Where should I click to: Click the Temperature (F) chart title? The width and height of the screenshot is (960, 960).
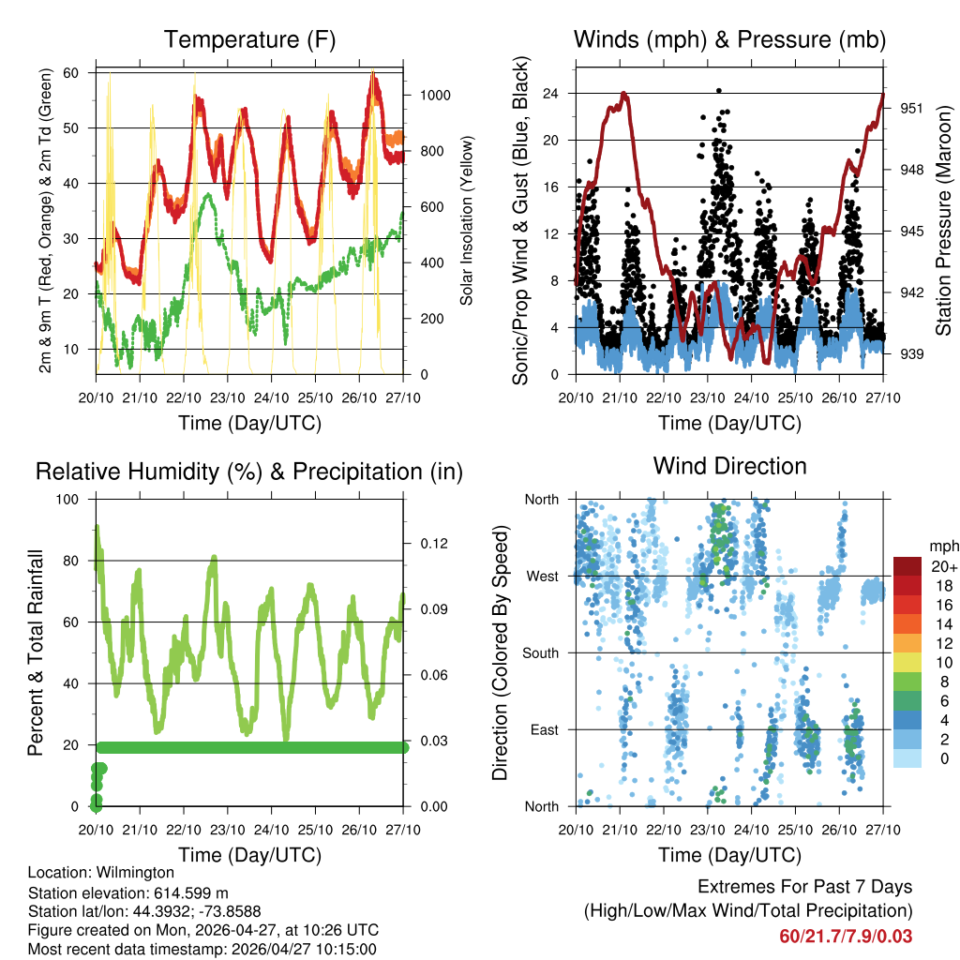[249, 39]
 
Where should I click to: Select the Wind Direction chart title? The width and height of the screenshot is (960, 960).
[729, 465]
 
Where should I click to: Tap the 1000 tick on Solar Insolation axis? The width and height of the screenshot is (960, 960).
[436, 95]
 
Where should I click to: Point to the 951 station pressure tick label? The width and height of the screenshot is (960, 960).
[912, 108]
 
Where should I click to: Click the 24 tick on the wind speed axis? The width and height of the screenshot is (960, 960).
[550, 94]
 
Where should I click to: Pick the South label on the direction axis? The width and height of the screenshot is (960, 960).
[541, 652]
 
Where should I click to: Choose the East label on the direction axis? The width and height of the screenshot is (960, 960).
[545, 729]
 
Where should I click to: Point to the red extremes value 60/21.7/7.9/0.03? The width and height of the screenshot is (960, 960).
[846, 936]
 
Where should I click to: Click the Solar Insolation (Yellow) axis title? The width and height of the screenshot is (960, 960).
[466, 220]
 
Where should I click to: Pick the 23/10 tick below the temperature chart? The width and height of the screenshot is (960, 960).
[227, 397]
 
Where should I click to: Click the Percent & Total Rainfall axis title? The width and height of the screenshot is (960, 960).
[35, 652]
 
